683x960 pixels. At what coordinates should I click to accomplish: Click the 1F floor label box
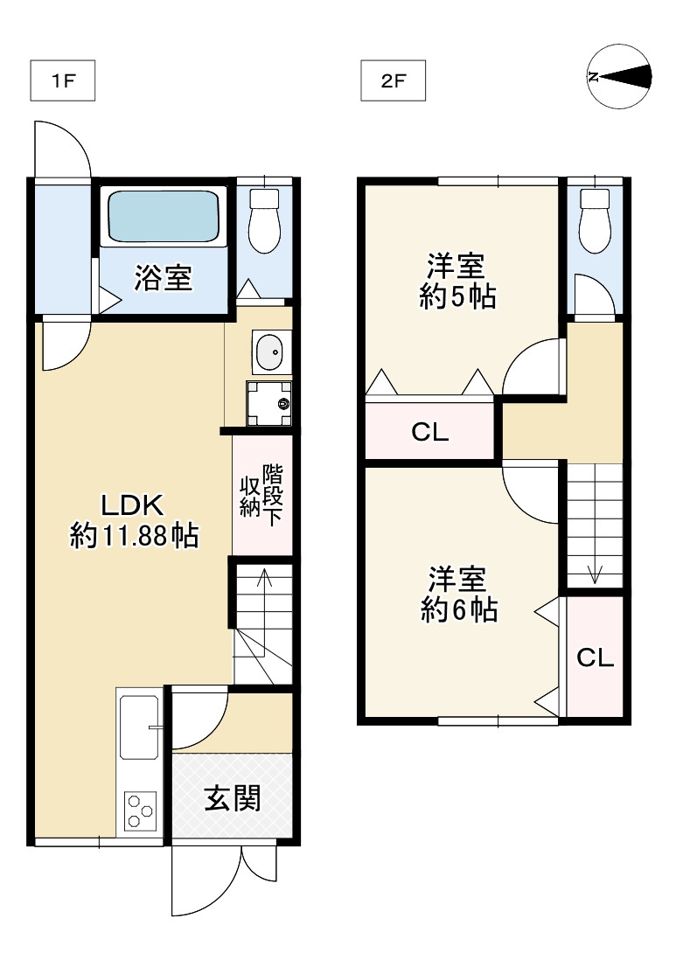pos(62,82)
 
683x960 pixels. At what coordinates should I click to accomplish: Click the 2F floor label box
pos(393,82)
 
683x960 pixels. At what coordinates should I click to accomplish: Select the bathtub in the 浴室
pos(163,218)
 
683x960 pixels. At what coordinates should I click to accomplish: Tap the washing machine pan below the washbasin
pos(268,403)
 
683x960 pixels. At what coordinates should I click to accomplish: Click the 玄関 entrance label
pos(232,798)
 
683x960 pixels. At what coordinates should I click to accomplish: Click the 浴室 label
pos(163,279)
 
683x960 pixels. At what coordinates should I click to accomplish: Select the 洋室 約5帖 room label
pos(457,281)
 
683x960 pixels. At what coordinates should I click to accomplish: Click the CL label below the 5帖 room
pos(430,432)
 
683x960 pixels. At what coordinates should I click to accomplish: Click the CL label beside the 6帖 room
pos(595,658)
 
